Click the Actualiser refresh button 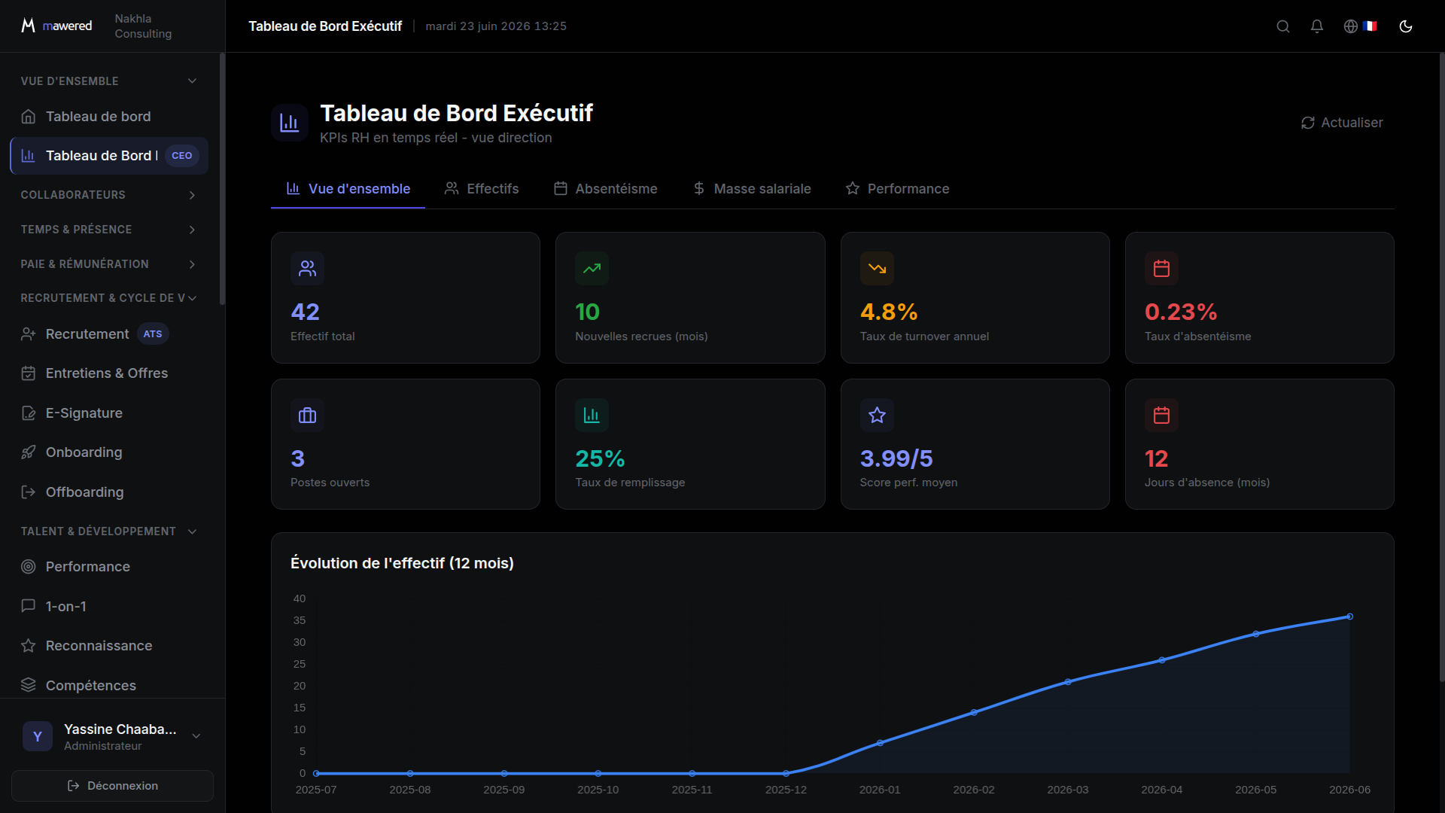(1342, 123)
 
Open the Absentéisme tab (606, 189)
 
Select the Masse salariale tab (752, 189)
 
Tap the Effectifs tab (482, 189)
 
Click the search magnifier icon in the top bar (1283, 26)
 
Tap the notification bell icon (1317, 26)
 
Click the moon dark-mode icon (1406, 26)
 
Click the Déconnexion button (113, 786)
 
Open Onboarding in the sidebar (84, 452)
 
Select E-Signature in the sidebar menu (84, 413)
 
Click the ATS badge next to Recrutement (153, 334)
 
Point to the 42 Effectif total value (305, 312)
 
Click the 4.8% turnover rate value (889, 312)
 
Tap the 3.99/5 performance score (896, 458)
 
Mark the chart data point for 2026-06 (1350, 617)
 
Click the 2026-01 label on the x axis (880, 790)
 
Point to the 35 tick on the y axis (300, 620)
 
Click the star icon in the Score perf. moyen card (877, 416)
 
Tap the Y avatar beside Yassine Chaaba (38, 736)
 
